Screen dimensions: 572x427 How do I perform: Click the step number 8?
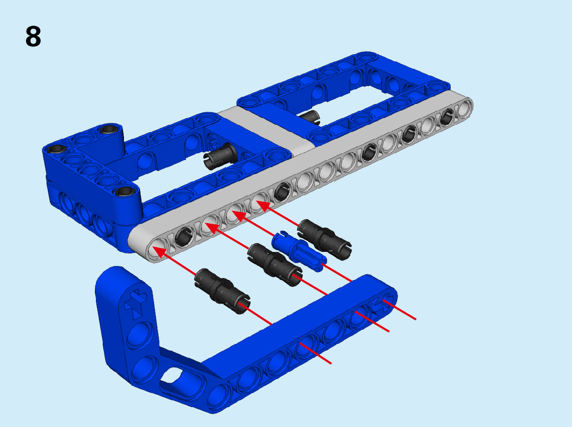tap(33, 36)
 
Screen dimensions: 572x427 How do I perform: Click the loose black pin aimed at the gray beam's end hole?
tap(222, 291)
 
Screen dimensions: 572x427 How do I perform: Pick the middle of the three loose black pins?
tap(274, 265)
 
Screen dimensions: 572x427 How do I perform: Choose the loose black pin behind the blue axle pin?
tap(325, 239)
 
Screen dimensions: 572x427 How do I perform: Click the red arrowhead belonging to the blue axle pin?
tap(238, 216)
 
